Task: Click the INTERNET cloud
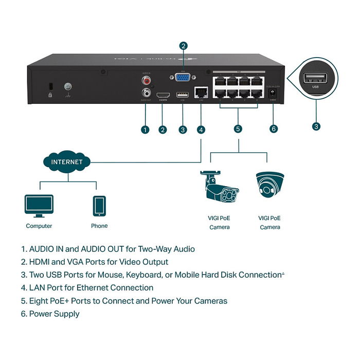[x=66, y=161]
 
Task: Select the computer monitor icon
[x=39, y=206]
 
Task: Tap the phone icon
[x=99, y=206]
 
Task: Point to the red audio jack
[x=147, y=81]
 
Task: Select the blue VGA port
[x=182, y=78]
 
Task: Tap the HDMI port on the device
[x=163, y=96]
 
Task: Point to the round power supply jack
[x=273, y=93]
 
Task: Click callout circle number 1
[x=146, y=129]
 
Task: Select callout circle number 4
[x=201, y=129]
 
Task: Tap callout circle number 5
[x=238, y=129]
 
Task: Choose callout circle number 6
[x=273, y=129]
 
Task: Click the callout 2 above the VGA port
[x=183, y=46]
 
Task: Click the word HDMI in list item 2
[x=41, y=262]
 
